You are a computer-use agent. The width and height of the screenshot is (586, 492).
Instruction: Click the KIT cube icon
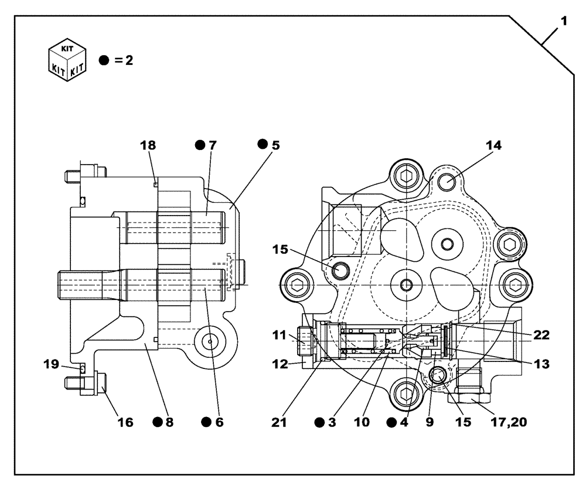click(x=66, y=60)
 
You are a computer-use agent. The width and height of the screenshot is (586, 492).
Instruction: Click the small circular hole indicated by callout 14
click(x=448, y=181)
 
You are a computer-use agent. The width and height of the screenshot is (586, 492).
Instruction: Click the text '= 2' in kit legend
click(x=124, y=60)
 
